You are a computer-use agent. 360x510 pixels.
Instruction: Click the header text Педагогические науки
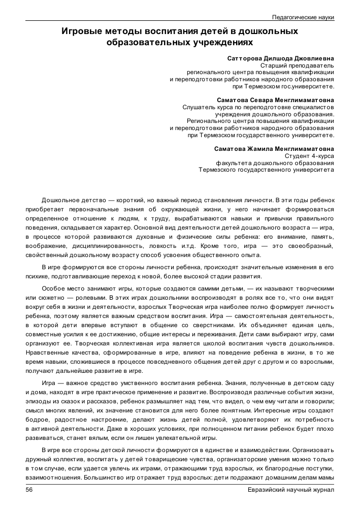pyautogui.click(x=303, y=17)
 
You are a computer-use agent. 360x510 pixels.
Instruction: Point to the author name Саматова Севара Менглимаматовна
pyautogui.click(x=275, y=100)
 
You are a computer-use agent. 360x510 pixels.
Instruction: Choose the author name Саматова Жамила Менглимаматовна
pyautogui.click(x=274, y=148)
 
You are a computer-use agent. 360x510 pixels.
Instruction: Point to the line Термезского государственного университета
pyautogui.click(x=266, y=170)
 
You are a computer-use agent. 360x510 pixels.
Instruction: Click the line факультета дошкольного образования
pyautogui.click(x=275, y=163)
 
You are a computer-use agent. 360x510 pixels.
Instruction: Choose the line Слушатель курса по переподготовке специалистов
pyautogui.click(x=258, y=107)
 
